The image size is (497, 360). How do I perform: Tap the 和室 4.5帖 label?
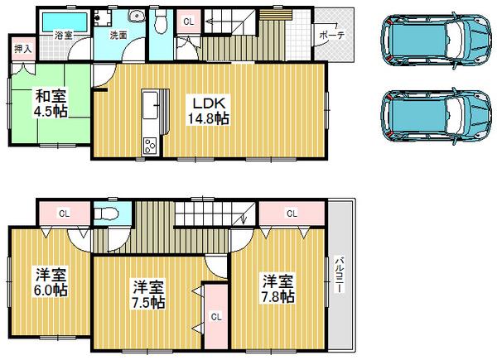51,102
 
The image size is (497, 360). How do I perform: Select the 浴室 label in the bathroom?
62,36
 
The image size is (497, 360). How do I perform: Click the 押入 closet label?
22,49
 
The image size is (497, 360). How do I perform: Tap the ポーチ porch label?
334,36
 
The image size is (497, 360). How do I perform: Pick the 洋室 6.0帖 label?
51,282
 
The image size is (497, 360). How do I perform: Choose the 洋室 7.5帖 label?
150,295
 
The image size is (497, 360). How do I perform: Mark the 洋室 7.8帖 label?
278,287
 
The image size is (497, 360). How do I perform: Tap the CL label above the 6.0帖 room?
63,214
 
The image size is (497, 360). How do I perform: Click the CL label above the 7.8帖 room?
292,214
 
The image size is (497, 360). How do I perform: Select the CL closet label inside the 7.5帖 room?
215,316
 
